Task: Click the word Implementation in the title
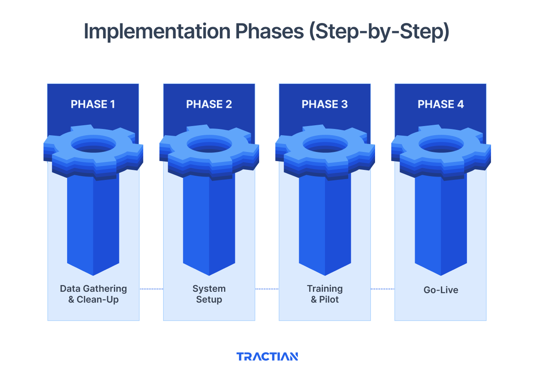coord(156,32)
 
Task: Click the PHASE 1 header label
coord(93,104)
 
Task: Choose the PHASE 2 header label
coord(209,104)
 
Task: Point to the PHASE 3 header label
coord(325,104)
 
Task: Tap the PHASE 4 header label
coord(441,104)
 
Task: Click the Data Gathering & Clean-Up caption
coord(93,294)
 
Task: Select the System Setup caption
coord(209,294)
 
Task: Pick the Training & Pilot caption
coord(325,294)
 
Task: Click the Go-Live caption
coord(441,290)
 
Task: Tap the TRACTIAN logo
coord(267,356)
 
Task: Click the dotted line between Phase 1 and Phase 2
coord(151,289)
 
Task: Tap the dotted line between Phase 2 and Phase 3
coord(267,289)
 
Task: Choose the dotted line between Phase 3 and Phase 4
coord(383,289)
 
